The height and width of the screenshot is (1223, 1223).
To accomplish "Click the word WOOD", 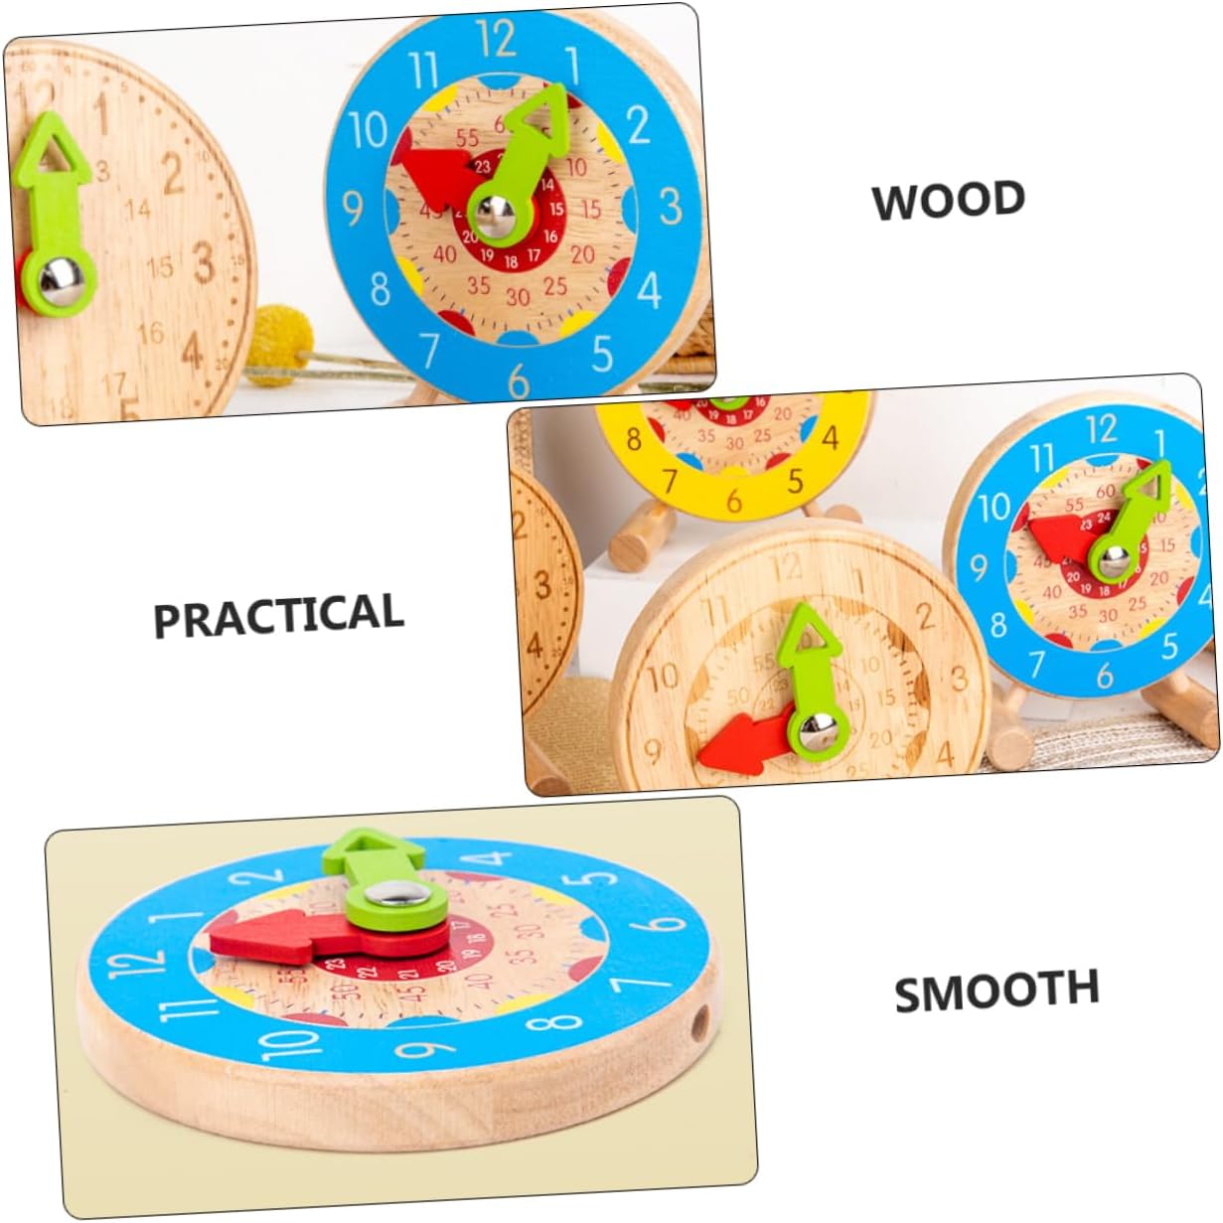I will point(948,200).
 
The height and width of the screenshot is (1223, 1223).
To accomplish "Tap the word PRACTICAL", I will point(279,615).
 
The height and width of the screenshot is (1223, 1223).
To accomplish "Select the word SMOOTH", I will point(996,991).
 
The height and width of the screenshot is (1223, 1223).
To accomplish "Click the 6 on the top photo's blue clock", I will point(518,381).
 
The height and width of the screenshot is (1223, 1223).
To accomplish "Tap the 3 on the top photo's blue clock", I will point(671,207).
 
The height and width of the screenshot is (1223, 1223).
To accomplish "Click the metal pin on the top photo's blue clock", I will point(494,211).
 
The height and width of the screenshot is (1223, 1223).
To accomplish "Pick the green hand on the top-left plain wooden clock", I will point(55,214).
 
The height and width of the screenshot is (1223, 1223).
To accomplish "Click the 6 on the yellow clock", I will point(734,501).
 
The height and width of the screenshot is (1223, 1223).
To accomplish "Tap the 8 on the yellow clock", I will point(634,438).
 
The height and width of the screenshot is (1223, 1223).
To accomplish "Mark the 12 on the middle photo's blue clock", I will point(1101,428).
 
